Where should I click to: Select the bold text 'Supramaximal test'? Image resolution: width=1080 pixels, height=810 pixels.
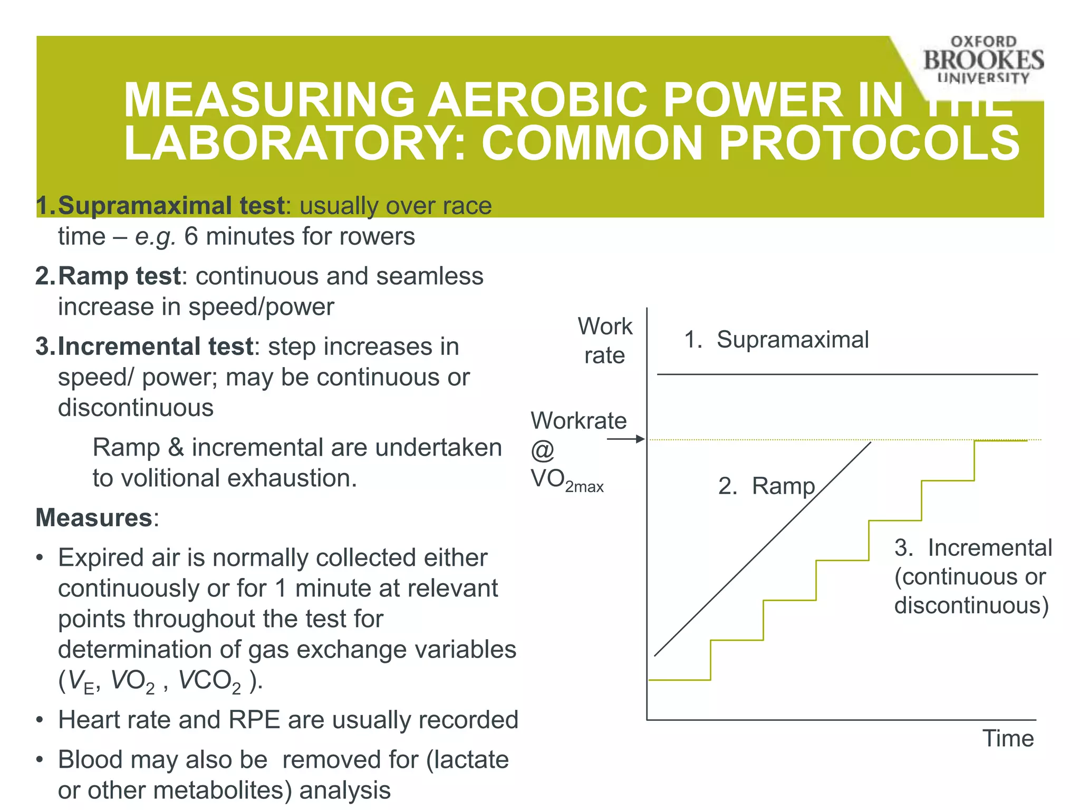point(171,206)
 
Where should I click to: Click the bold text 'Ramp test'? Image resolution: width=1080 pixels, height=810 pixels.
point(119,276)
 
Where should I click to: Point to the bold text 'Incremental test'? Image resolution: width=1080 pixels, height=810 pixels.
point(155,346)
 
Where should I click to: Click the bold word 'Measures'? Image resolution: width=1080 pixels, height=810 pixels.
point(94,517)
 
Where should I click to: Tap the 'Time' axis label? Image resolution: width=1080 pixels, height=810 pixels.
point(1008,738)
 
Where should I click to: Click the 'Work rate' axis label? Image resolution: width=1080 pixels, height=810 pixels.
point(604,341)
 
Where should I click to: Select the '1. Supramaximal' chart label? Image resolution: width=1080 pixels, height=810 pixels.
point(776,340)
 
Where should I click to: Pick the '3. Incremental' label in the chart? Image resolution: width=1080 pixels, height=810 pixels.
point(973,548)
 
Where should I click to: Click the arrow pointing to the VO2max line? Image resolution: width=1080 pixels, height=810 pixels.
point(626,439)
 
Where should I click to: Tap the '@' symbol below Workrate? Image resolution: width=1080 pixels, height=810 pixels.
point(542,450)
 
